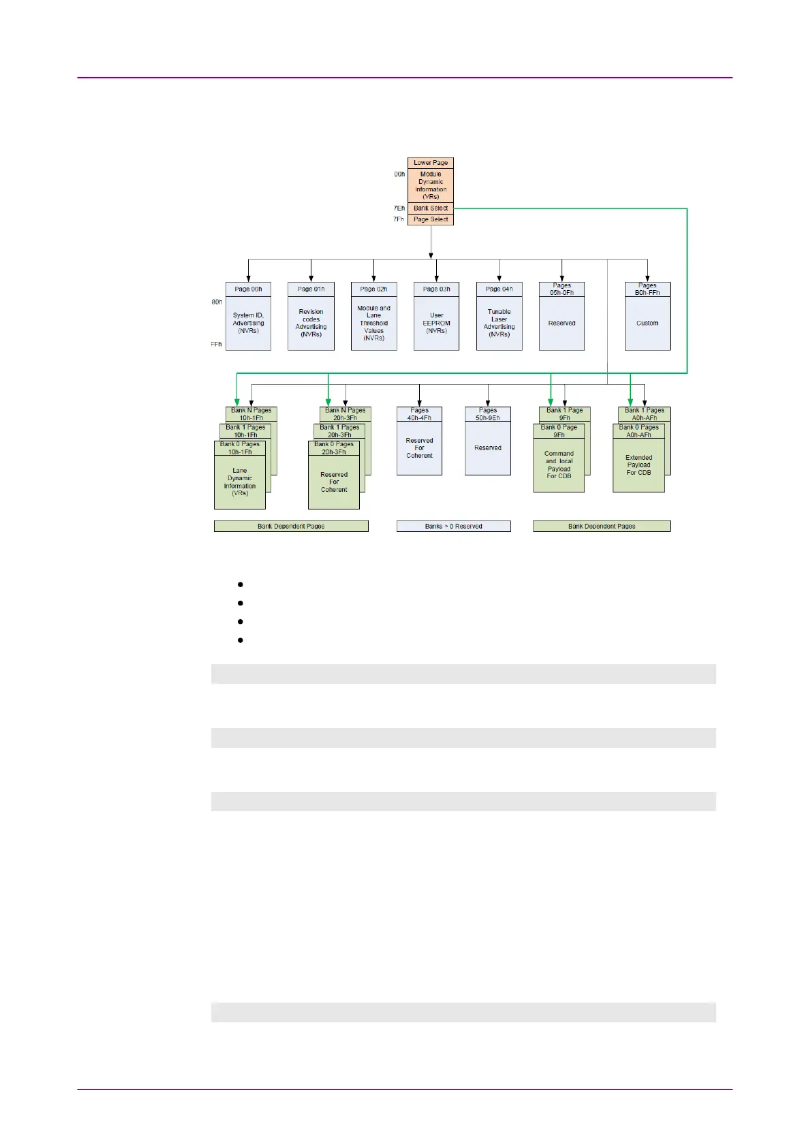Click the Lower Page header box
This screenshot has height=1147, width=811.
click(431, 163)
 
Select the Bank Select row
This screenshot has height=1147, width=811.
click(431, 208)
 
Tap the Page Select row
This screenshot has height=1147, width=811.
click(431, 219)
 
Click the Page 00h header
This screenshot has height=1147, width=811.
click(248, 289)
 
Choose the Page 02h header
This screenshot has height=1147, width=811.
click(373, 289)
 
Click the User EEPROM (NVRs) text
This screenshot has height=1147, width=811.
click(436, 323)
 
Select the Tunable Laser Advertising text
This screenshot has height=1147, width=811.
click(499, 323)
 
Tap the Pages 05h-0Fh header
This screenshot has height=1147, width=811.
click(562, 289)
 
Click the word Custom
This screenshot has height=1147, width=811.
click(647, 324)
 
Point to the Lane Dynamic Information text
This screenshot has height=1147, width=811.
click(240, 482)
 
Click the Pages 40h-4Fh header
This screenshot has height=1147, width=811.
click(419, 414)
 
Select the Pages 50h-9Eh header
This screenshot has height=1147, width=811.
click(488, 414)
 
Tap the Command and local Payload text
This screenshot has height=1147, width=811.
click(559, 465)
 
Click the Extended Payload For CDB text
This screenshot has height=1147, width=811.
click(639, 465)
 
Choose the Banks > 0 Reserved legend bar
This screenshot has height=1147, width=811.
click(454, 527)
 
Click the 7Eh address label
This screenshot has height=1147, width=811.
click(399, 208)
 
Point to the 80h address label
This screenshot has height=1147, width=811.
click(217, 302)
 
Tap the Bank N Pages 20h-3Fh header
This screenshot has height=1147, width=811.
click(346, 414)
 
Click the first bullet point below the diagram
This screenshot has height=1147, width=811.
click(241, 584)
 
